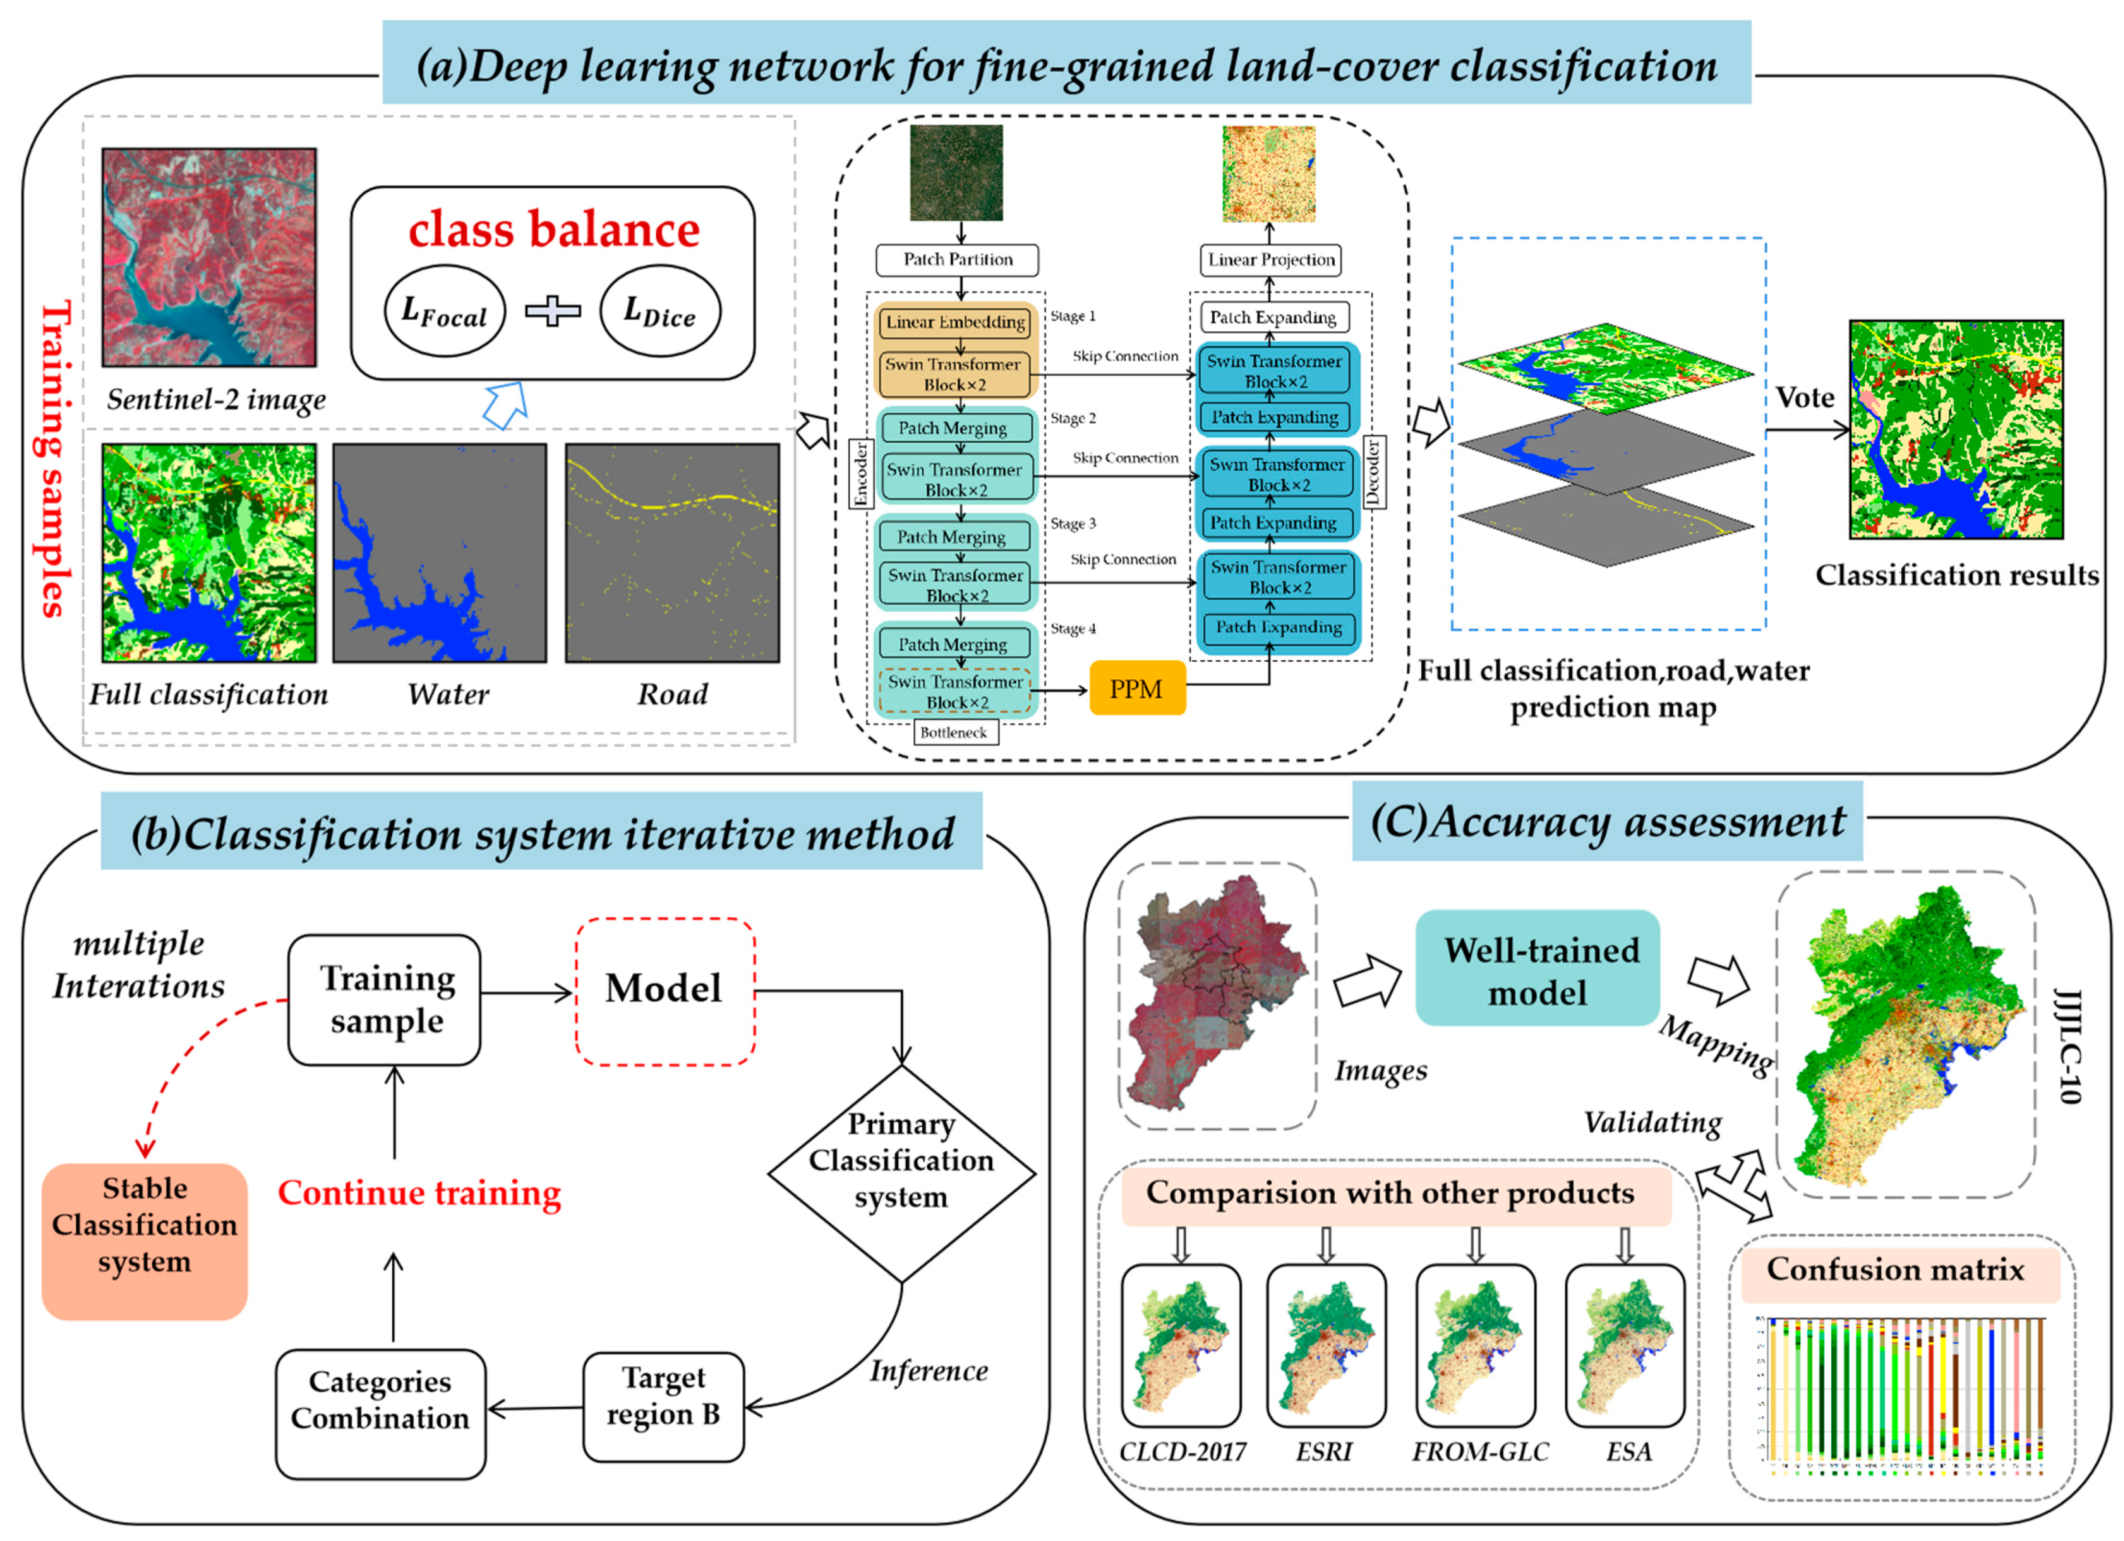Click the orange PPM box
[x=1137, y=689]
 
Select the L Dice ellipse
[x=660, y=311]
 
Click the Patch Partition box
[x=956, y=259]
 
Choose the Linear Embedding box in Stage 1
[x=955, y=322]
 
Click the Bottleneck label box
[x=954, y=732]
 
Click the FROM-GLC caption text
[x=1480, y=1451]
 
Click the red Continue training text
[x=420, y=1193]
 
